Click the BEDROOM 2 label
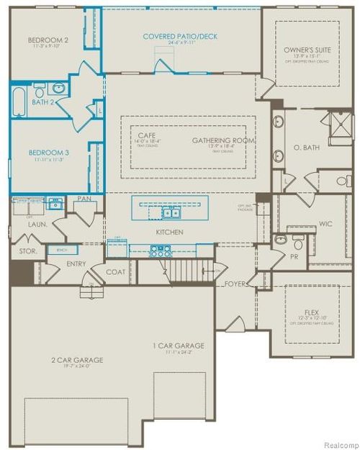pos(49,40)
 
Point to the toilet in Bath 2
pos(40,89)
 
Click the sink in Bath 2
pos(60,89)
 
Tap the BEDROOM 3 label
pos(49,153)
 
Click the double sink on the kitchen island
pos(171,212)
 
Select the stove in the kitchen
pos(160,251)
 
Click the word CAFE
pos(147,135)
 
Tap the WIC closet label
pos(325,224)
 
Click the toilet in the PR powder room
pos(282,238)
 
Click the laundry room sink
pos(55,205)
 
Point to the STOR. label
pos(27,251)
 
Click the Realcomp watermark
pos(337,444)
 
